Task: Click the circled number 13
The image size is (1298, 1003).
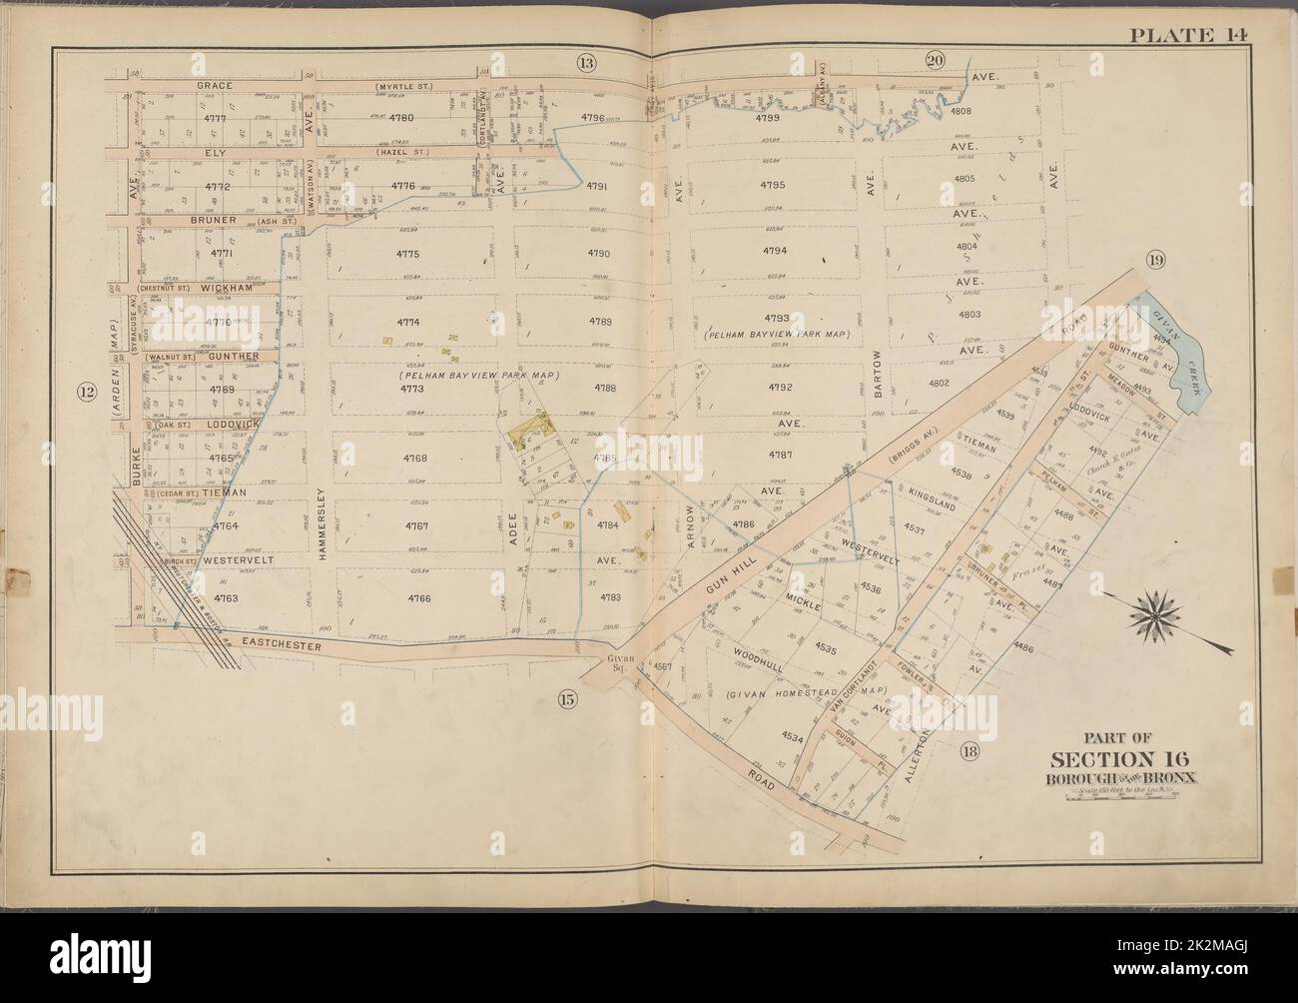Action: [585, 64]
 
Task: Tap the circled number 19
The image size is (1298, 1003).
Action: [1156, 262]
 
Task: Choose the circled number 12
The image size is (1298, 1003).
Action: [87, 393]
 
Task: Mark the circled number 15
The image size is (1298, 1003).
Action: [565, 699]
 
